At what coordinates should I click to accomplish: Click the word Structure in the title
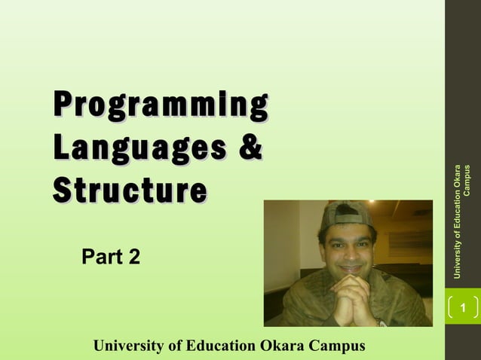tap(129, 188)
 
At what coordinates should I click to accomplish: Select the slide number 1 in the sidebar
tap(463, 308)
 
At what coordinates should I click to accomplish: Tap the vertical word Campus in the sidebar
tap(467, 182)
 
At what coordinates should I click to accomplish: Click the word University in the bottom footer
tap(127, 346)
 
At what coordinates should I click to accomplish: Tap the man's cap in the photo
tap(346, 216)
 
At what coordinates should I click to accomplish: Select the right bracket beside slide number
tap(476, 308)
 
